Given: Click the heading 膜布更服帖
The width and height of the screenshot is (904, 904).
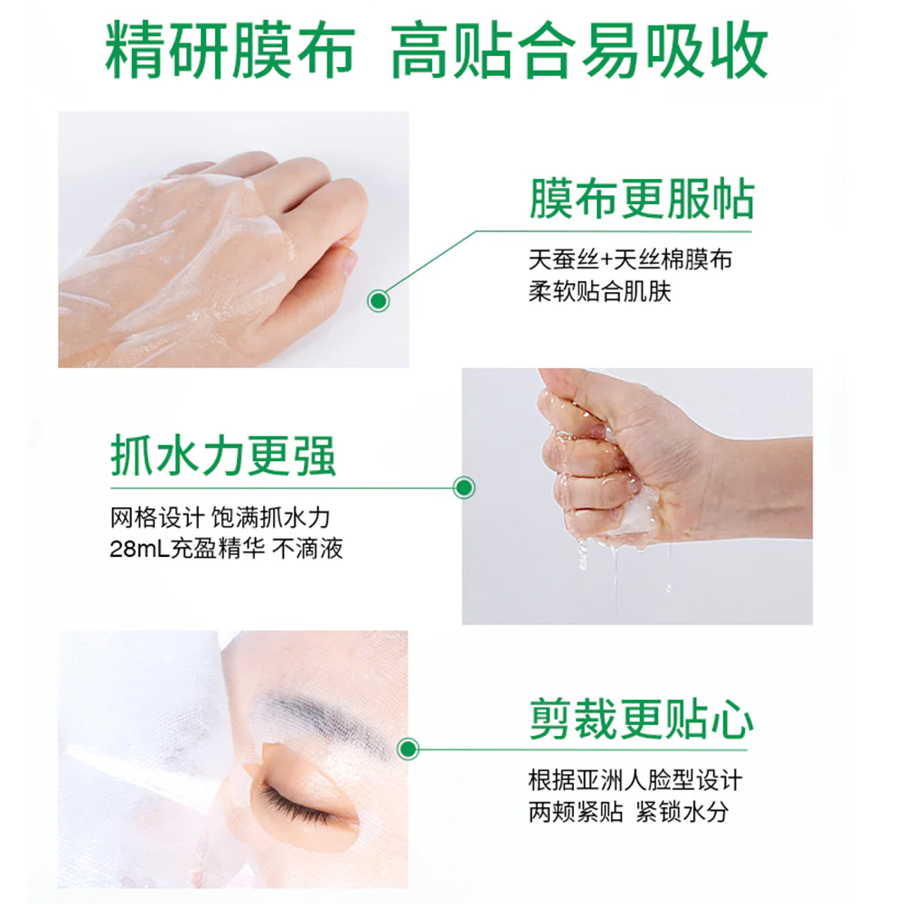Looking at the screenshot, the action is pyautogui.click(x=642, y=199).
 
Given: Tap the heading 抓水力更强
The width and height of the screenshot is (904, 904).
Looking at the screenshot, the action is pyautogui.click(x=223, y=456).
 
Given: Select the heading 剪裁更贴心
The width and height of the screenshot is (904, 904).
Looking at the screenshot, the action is pyautogui.click(x=642, y=719).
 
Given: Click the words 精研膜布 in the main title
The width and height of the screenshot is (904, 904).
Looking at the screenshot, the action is pyautogui.click(x=230, y=50).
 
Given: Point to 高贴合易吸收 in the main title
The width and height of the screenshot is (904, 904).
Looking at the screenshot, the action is pyautogui.click(x=579, y=50).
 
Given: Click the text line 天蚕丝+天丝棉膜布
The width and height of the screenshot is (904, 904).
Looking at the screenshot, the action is pyautogui.click(x=630, y=260).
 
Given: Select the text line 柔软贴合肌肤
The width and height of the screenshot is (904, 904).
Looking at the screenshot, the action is pyautogui.click(x=600, y=292).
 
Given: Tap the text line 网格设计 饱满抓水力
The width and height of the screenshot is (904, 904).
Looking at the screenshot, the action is pyautogui.click(x=220, y=517).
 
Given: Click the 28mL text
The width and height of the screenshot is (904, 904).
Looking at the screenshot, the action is pyautogui.click(x=139, y=549).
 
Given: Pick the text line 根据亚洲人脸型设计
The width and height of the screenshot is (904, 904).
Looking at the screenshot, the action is pyautogui.click(x=636, y=781).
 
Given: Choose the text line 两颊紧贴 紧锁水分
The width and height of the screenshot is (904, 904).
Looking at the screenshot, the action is pyautogui.click(x=628, y=813).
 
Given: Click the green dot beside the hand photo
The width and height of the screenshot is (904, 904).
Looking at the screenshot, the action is pyautogui.click(x=378, y=300).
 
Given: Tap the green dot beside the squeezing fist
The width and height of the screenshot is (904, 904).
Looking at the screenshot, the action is pyautogui.click(x=464, y=488).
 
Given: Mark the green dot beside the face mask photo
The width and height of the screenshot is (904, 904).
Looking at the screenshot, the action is pyautogui.click(x=409, y=749).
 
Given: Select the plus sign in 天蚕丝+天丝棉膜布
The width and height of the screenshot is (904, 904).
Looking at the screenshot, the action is pyautogui.click(x=606, y=260).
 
